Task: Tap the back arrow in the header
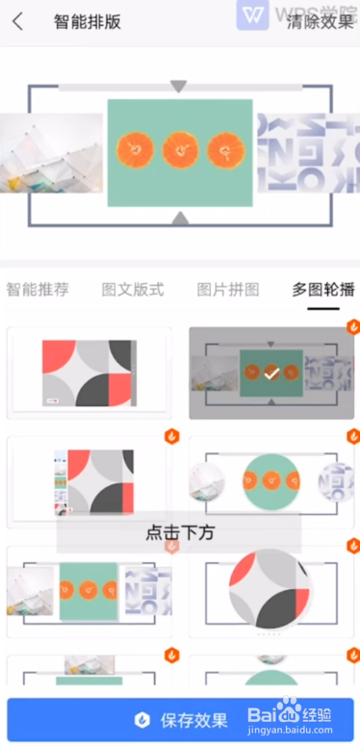click(18, 21)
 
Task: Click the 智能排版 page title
click(88, 21)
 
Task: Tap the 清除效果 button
click(321, 21)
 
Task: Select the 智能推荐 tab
click(38, 290)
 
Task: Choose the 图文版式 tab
click(133, 290)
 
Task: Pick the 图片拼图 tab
click(228, 290)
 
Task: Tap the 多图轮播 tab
click(323, 290)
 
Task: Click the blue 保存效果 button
click(180, 719)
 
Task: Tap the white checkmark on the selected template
click(271, 372)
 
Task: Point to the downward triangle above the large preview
click(178, 87)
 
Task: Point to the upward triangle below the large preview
click(178, 219)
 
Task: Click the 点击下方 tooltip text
click(179, 532)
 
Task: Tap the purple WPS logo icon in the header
click(252, 16)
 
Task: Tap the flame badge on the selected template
click(352, 327)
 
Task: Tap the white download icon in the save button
click(142, 720)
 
